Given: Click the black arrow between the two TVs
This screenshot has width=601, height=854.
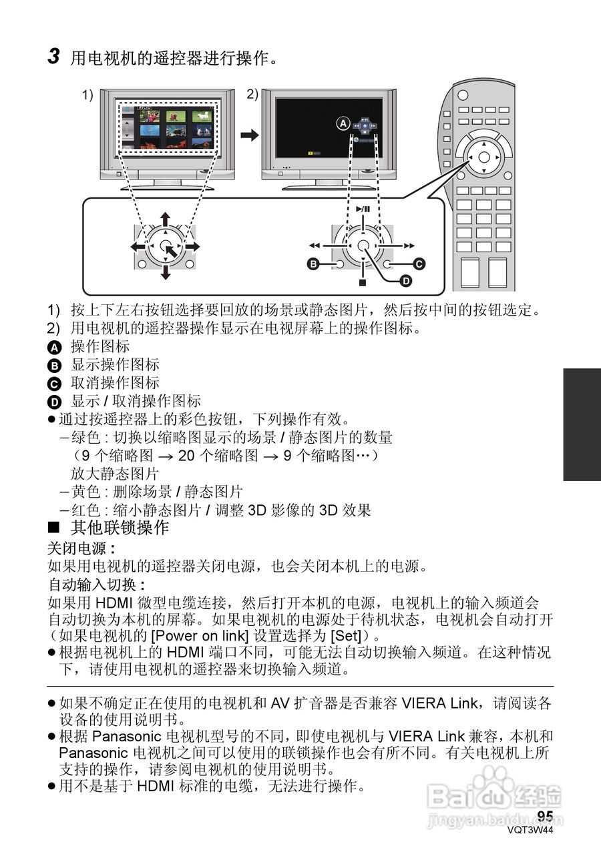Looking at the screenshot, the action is point(249,135).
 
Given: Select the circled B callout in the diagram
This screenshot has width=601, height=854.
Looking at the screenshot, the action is point(312,265).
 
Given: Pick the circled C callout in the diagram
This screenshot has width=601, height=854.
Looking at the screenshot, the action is point(419,264).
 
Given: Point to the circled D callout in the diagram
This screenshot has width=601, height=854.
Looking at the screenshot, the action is point(405,282).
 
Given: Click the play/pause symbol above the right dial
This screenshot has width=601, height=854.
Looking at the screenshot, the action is point(363,209).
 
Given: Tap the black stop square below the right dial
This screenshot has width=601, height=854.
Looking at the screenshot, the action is point(363,282).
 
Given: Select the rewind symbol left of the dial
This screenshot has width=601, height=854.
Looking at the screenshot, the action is point(315,246).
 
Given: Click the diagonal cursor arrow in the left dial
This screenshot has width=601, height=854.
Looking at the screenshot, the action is point(171,252).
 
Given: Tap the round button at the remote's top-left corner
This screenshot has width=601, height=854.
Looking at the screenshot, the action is point(463,95).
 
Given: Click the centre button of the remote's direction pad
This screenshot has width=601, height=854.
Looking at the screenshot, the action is point(485,158).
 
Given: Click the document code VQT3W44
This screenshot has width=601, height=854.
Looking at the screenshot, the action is point(530,831).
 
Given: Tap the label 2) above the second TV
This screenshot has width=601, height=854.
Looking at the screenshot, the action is point(252,94).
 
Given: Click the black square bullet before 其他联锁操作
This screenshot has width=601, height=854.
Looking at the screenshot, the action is point(54,528).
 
